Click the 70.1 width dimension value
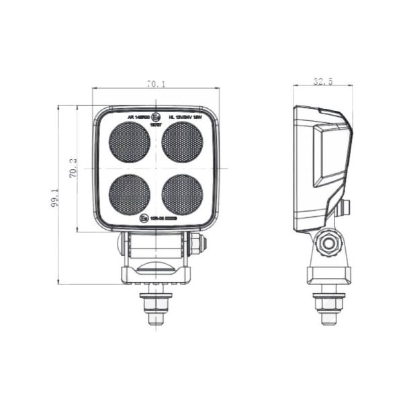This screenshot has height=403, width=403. click(156, 84)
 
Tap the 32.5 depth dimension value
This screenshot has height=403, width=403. click(323, 82)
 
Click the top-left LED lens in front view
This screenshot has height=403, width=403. click(130, 142)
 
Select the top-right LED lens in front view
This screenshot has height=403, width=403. click(182, 142)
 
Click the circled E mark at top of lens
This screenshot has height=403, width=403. click(156, 116)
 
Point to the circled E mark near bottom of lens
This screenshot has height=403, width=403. click(143, 218)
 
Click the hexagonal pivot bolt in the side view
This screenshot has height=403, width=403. click(328, 244)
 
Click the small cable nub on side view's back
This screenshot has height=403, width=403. click(345, 208)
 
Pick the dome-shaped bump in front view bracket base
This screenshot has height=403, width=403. click(156, 268)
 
